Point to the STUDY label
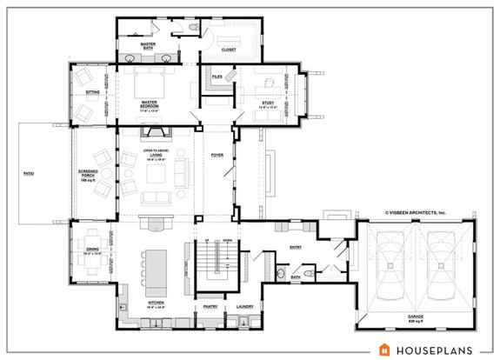pos(267,103)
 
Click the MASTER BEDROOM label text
pos(150,104)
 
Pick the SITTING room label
pos(91,91)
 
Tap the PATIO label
pos(29,175)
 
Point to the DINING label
pos(91,250)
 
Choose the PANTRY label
pos(210,307)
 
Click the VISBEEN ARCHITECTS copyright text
pos(415,211)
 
